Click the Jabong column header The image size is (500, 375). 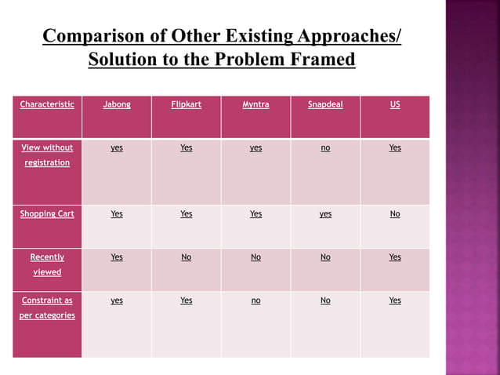coord(117,104)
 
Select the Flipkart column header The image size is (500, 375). coord(186,104)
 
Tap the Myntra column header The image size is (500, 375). coord(255,104)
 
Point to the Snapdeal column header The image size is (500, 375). coord(325,104)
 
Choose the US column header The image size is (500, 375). coord(395,104)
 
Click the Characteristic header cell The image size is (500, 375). coord(47,104)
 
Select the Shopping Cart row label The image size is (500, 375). coord(47,213)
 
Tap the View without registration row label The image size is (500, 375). coord(47,155)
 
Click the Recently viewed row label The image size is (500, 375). coord(47,264)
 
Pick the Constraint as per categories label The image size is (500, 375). coord(47,308)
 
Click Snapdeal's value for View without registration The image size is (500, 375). coord(325,147)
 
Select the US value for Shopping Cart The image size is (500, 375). coord(395,213)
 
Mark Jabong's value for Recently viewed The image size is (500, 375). coord(117,257)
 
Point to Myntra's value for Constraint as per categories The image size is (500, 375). coord(255,300)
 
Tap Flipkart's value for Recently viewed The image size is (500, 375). coord(186,257)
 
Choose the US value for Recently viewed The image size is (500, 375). coord(395,257)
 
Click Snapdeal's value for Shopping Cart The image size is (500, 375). coord(325,213)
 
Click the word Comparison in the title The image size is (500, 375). coord(92,37)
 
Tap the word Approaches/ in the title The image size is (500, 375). coord(349,37)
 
